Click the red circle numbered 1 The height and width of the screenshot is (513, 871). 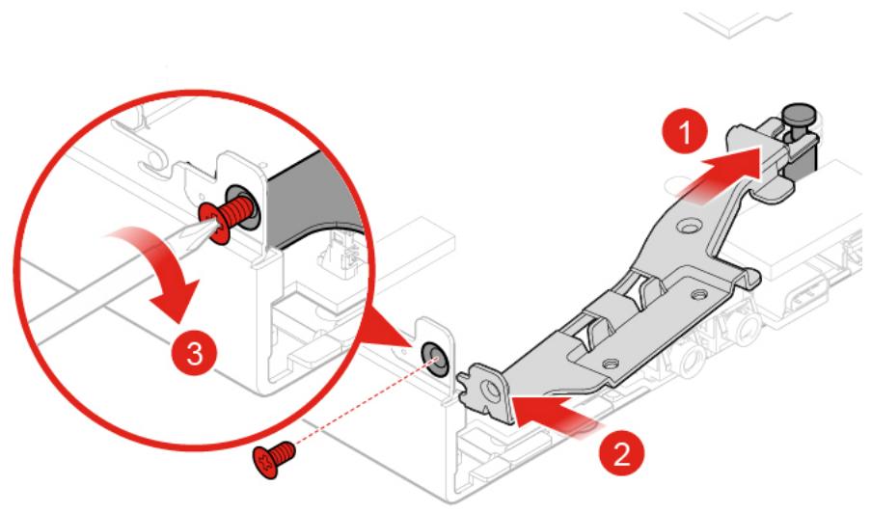[685, 132]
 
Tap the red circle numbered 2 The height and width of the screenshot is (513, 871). [621, 453]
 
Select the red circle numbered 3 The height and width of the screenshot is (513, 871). [194, 353]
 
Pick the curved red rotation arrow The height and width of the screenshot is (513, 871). [161, 266]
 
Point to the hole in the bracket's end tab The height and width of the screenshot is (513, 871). [491, 390]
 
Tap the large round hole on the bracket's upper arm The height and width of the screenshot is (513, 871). [688, 227]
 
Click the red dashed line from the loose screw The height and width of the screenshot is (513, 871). [363, 401]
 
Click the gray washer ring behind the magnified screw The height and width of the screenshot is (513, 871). [243, 205]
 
